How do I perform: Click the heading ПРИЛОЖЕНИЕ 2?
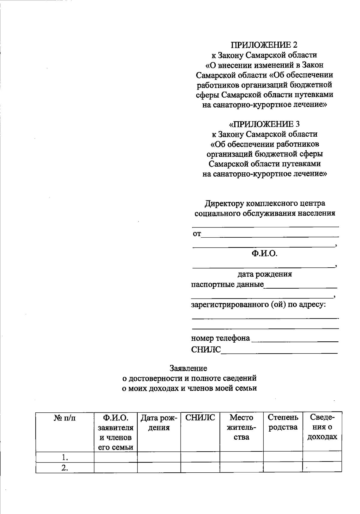pos(264,45)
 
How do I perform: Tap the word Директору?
pos(224,204)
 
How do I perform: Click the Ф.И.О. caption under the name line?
pos(264,254)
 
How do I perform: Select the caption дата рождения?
pos(264,274)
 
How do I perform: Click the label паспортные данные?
pos(227,284)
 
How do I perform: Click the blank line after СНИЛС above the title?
pos(279,353)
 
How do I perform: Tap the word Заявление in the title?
pos(188,368)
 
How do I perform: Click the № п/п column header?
pos(65,418)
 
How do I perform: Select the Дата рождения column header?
pos(159,423)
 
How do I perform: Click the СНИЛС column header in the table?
pos(200,418)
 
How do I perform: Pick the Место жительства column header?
pos(241,427)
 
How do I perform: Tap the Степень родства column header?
pos(283,422)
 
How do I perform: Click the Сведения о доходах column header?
pos(322,427)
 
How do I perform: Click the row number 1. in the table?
pos(65,457)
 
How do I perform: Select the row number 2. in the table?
pos(65,468)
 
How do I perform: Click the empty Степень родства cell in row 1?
pos(283,457)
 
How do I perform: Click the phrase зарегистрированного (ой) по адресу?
pos(259,305)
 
